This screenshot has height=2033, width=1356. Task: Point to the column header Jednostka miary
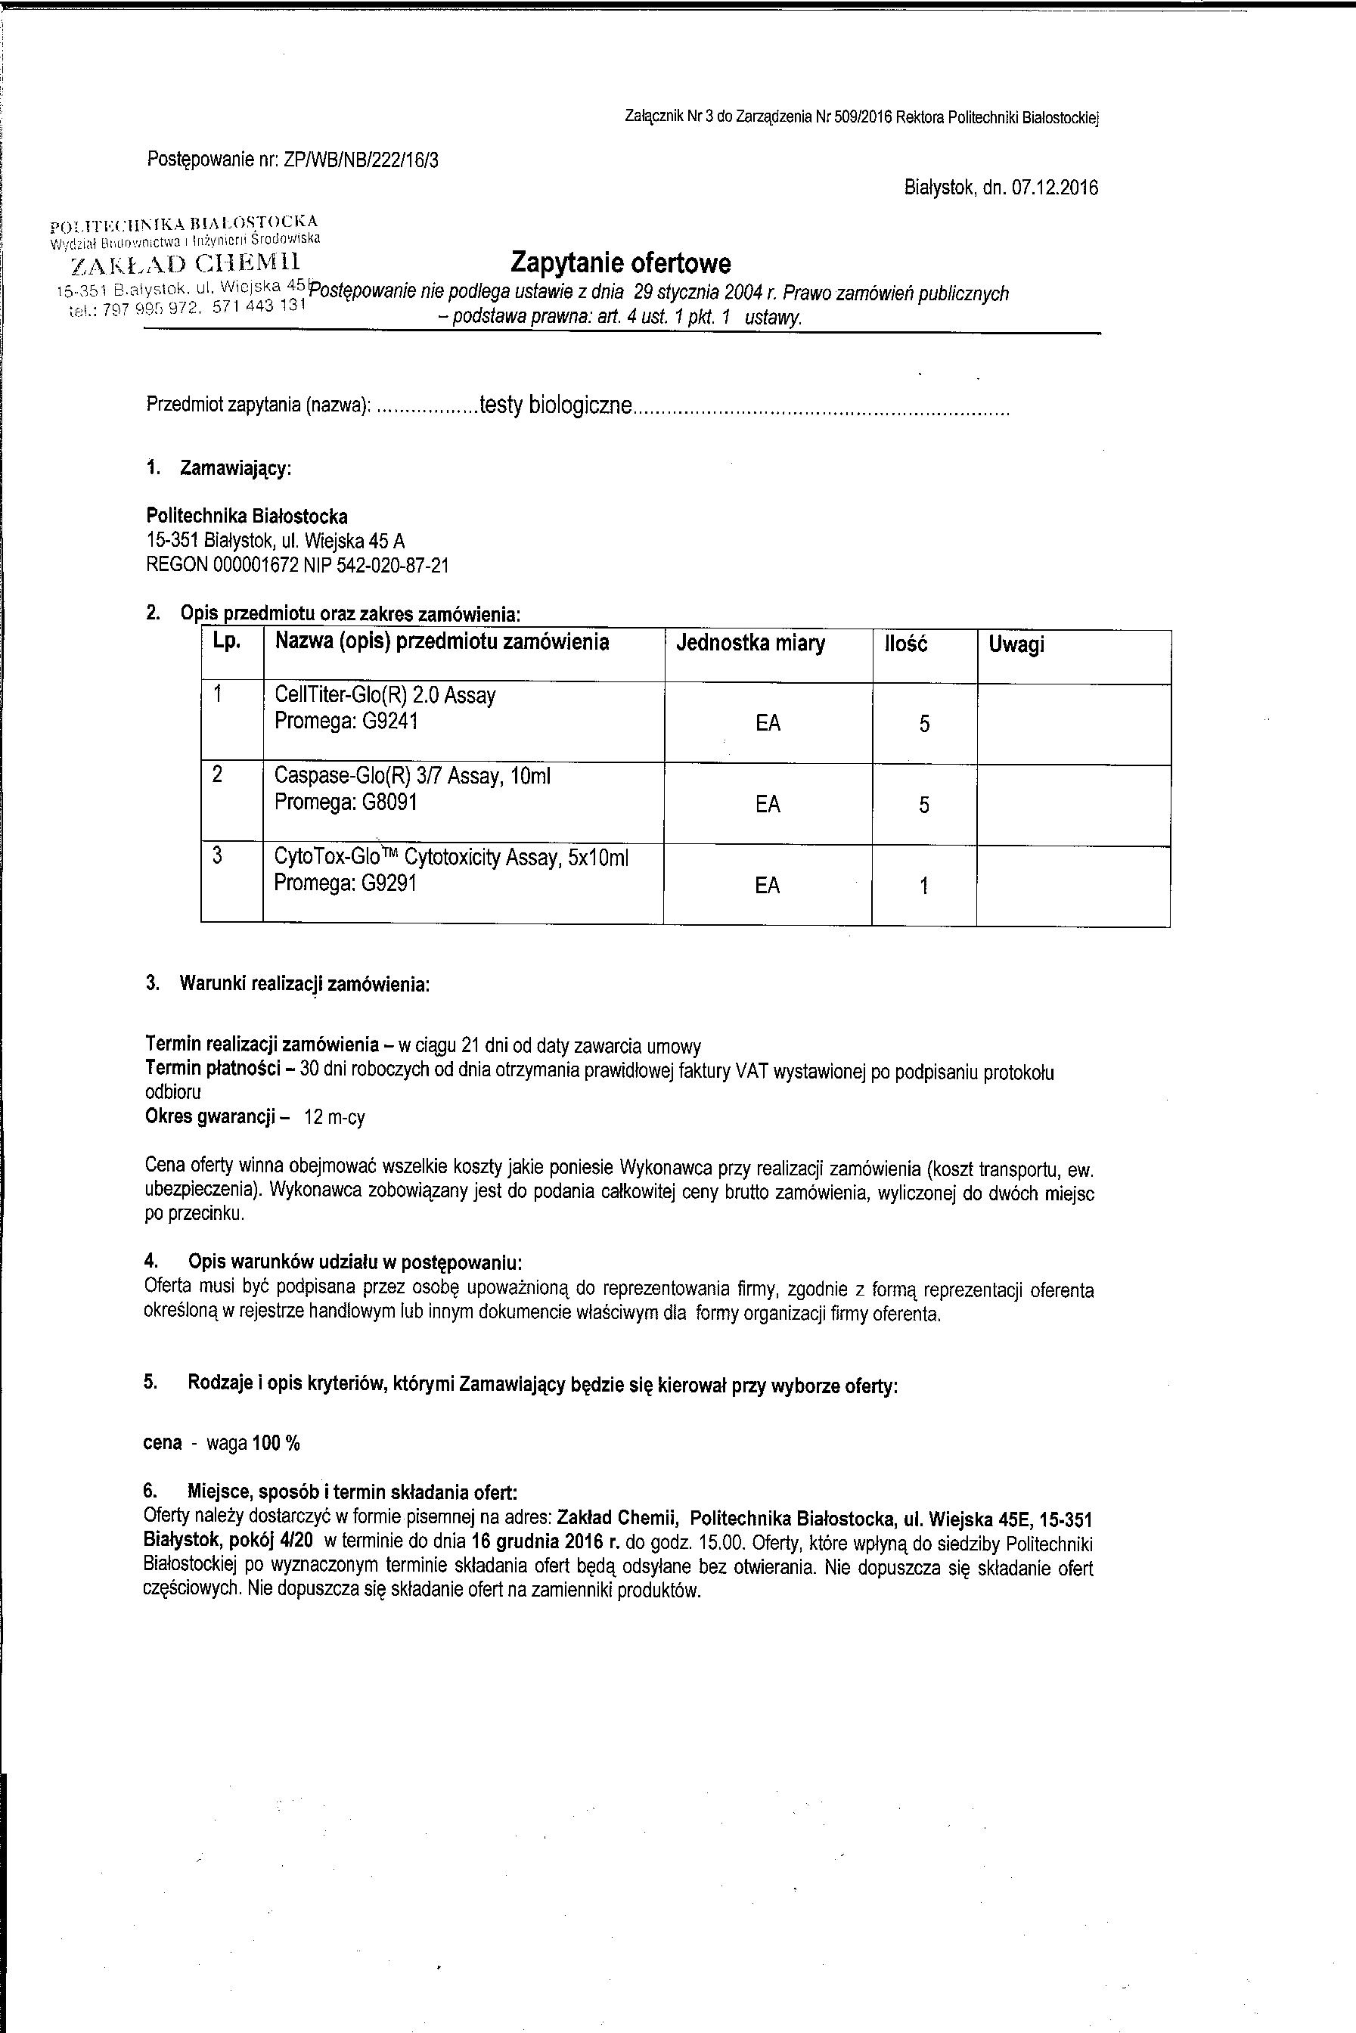[x=751, y=644]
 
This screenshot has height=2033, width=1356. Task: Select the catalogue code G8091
[x=390, y=802]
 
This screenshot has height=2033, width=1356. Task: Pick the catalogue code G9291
[x=390, y=883]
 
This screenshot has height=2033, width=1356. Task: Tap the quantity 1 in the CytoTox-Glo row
[x=923, y=886]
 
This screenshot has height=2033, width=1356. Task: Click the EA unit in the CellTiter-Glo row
[x=768, y=723]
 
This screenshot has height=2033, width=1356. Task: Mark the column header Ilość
[x=905, y=644]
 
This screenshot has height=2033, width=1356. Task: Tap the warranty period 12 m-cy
[x=335, y=1117]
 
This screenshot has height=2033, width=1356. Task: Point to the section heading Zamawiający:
[x=235, y=469]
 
